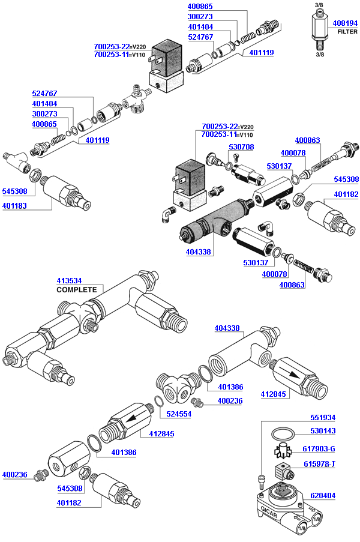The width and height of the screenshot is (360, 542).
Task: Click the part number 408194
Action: point(345,23)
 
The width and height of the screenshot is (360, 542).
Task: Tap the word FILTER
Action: point(347,31)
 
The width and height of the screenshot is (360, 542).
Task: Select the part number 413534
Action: point(69,280)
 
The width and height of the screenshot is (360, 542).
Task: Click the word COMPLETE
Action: point(76,289)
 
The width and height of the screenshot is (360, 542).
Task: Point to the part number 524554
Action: point(179,414)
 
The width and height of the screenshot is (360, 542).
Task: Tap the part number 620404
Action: point(323,496)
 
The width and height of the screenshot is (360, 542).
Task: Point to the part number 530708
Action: point(241,147)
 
